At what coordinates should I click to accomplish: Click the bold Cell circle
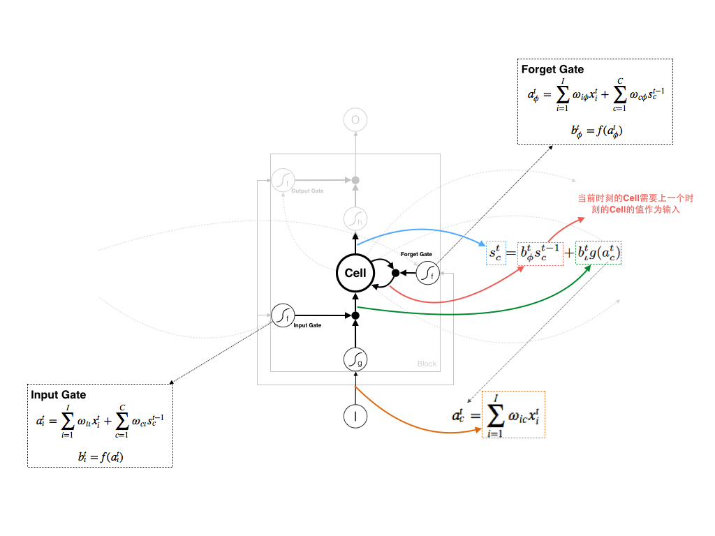[355, 273]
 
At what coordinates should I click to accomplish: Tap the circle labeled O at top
[355, 121]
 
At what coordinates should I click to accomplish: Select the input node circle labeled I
[355, 416]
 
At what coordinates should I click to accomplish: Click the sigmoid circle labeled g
[355, 359]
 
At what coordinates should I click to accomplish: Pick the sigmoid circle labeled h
[355, 219]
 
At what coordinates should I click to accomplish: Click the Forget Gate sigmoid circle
[427, 273]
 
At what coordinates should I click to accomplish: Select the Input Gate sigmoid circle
[282, 315]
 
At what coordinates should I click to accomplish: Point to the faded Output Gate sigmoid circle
[282, 180]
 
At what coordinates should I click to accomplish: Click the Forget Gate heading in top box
[552, 70]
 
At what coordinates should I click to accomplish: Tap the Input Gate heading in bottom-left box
[59, 395]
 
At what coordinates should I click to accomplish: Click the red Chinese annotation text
[628, 204]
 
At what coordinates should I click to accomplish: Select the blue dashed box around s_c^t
[495, 253]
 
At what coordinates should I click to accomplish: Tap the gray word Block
[427, 364]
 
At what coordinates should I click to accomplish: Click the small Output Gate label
[307, 191]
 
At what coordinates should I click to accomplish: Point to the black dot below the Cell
[355, 315]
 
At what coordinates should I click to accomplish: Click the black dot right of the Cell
[395, 273]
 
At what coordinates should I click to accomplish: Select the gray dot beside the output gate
[355, 180]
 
